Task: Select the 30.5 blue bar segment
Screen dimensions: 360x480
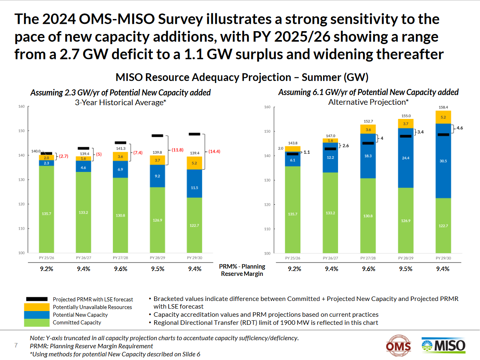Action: coord(444,160)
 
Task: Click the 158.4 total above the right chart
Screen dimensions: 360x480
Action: coord(444,107)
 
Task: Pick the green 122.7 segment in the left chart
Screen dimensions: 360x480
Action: coord(195,225)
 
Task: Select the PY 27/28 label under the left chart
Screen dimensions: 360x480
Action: coord(120,257)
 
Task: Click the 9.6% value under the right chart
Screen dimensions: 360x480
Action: coord(368,269)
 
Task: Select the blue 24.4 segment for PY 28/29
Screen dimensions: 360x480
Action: coord(406,158)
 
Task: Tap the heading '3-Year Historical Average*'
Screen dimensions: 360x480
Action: coord(121,102)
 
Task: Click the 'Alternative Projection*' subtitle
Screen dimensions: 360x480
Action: coord(368,102)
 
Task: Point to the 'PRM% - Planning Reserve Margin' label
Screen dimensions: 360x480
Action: coord(242,270)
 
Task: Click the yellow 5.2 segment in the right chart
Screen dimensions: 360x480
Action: coord(444,117)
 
